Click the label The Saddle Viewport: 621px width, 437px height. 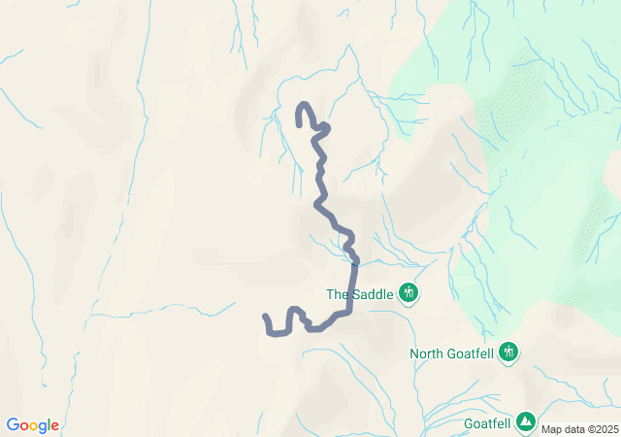coord(359,294)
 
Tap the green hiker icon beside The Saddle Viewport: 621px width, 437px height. coord(409,292)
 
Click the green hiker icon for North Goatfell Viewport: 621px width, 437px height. coord(508,353)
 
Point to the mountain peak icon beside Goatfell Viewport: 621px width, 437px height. coord(525,421)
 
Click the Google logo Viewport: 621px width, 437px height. coord(32,425)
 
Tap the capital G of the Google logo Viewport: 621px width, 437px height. coord(13,425)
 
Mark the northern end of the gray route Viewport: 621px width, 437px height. coord(298,122)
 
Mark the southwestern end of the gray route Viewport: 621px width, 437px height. coord(266,317)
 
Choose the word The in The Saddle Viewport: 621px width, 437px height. coord(337,294)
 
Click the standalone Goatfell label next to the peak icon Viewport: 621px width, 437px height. coord(486,422)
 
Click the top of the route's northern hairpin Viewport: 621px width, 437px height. coord(304,104)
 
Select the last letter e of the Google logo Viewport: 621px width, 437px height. coord(54,426)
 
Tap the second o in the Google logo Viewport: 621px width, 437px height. coord(35,426)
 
